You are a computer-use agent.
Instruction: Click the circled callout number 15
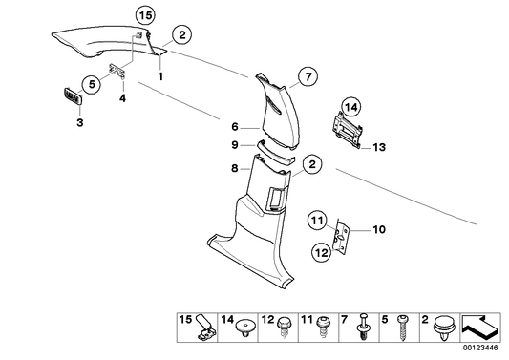[x=145, y=15]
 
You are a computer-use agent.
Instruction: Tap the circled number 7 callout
[x=308, y=76]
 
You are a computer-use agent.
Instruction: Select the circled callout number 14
[x=350, y=107]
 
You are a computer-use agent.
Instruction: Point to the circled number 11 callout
[x=317, y=221]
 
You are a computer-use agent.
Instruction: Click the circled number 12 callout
[x=322, y=252]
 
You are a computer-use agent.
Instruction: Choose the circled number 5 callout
[x=92, y=84]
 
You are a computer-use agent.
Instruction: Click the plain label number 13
[x=379, y=147]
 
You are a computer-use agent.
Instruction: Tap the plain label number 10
[x=379, y=230]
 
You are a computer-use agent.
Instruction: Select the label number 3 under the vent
[x=80, y=122]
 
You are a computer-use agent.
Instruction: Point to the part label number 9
[x=235, y=145]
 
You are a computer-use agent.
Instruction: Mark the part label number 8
[x=235, y=168]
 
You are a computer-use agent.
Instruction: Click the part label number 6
[x=235, y=127]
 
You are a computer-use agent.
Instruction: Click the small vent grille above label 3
[x=73, y=96]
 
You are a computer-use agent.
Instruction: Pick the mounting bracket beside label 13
[x=347, y=130]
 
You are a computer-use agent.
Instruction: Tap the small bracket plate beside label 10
[x=341, y=236]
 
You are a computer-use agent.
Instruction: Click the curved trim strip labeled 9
[x=276, y=152]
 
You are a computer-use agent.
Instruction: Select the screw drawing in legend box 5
[x=402, y=328]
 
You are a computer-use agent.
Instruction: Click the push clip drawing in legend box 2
[x=443, y=328]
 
